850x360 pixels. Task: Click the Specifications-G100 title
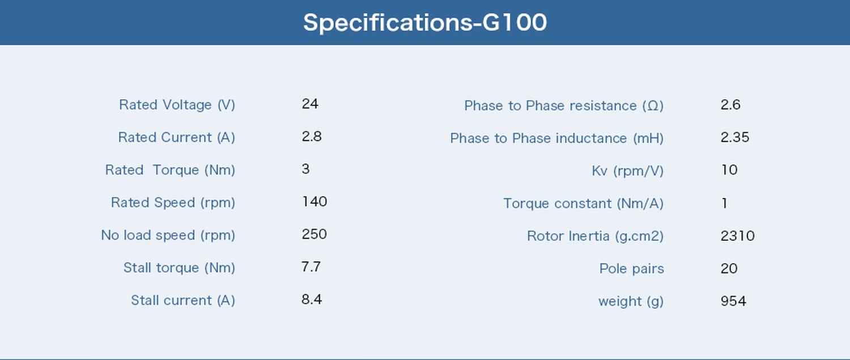[425, 23]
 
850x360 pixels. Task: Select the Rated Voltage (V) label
[177, 105]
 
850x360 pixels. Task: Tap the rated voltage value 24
[310, 104]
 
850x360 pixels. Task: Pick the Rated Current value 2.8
[312, 136]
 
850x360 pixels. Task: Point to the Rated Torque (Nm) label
[170, 170]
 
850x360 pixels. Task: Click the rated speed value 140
[314, 202]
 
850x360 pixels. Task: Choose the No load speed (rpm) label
[168, 235]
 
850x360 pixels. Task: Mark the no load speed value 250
[314, 234]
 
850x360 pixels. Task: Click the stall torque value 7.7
[311, 267]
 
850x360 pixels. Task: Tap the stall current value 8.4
[312, 299]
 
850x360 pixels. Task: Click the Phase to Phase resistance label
[564, 105]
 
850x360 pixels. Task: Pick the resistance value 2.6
[730, 104]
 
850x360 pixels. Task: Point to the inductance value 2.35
[734, 137]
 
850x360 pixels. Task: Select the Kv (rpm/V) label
[628, 171]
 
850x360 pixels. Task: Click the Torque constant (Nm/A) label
[584, 204]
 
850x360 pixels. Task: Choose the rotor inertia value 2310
[738, 236]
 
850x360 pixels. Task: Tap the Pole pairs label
[632, 269]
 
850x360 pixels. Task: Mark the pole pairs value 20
[729, 269]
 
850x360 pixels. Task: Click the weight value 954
[733, 301]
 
